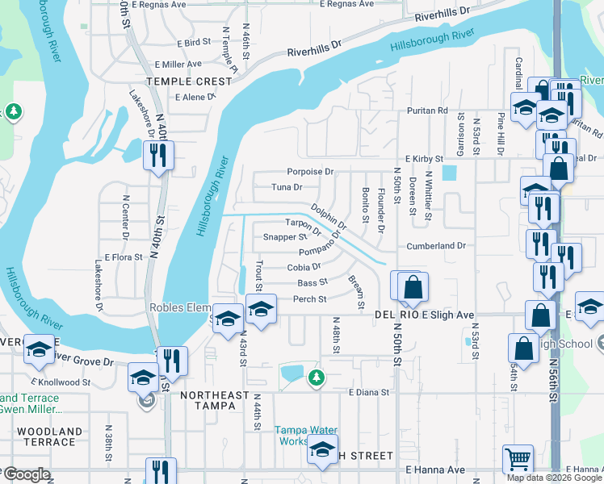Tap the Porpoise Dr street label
(x=310, y=172)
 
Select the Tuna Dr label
(x=287, y=187)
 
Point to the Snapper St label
(x=285, y=237)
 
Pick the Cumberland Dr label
(x=437, y=245)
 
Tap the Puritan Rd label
(x=427, y=111)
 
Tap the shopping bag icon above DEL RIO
(x=413, y=287)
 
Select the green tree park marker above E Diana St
(x=317, y=377)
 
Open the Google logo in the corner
(x=27, y=474)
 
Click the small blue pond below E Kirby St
(x=449, y=173)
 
